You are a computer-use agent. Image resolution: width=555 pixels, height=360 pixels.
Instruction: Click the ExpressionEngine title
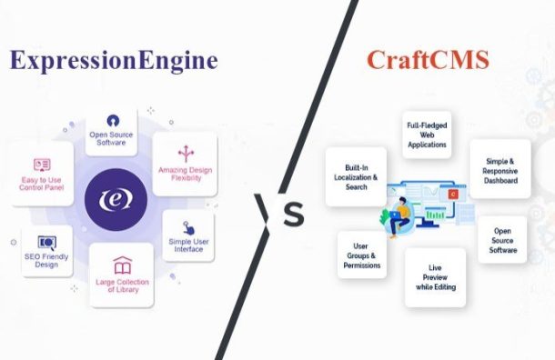[114, 60]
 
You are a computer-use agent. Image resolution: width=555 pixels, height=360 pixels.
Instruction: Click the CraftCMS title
[427, 60]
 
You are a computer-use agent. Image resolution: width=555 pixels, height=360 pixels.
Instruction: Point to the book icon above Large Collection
[122, 265]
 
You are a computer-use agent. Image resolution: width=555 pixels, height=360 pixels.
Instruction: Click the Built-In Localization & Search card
[356, 175]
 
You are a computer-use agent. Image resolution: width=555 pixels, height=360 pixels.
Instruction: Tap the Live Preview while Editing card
[435, 276]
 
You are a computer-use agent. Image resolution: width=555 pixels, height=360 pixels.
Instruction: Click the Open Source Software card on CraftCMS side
[502, 240]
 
